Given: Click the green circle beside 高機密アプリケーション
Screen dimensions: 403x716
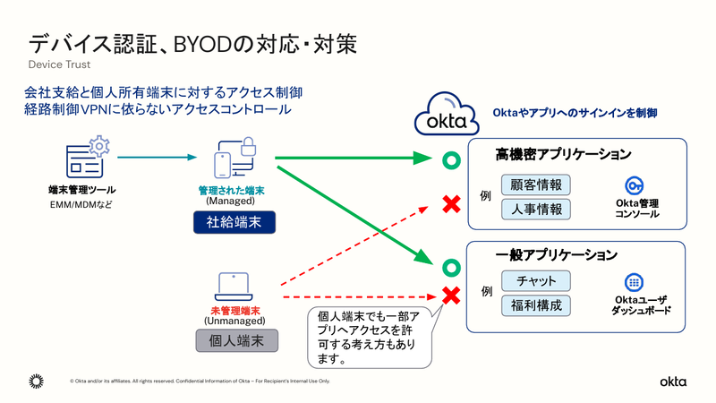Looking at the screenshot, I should [452, 161].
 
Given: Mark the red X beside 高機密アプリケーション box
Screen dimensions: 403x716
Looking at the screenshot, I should [452, 205].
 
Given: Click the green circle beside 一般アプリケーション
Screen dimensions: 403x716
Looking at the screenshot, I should [452, 267].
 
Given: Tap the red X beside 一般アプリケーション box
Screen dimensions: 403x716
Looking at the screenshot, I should [452, 294].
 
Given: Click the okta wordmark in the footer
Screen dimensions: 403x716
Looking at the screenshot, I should [673, 382].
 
